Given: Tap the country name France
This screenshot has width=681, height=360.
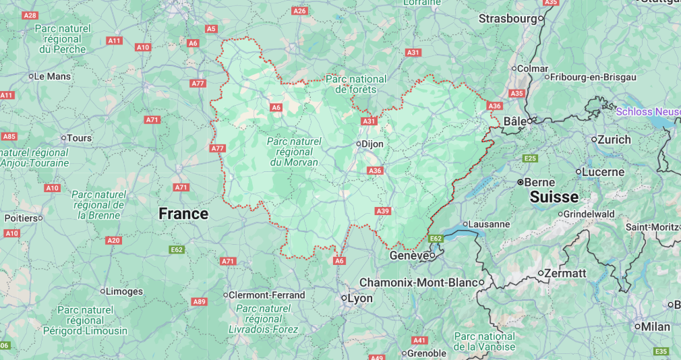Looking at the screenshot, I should [183, 214].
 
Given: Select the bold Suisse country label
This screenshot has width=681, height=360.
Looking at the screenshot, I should [554, 197].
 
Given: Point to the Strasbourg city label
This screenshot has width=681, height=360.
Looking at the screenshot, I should [508, 19].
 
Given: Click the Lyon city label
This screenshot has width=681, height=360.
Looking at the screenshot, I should [359, 298].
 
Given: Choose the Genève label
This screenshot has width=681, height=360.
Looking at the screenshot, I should [409, 256].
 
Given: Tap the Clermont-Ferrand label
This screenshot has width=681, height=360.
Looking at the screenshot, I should [267, 295].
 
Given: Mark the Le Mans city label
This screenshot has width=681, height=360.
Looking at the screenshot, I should [52, 76].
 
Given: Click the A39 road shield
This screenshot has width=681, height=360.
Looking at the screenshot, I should [383, 212].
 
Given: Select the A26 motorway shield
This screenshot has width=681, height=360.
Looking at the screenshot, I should [300, 11].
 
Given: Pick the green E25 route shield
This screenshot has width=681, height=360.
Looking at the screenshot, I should [530, 158].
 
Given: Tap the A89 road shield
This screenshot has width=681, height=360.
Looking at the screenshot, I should [199, 301].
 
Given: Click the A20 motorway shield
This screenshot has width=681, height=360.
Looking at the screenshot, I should [113, 241].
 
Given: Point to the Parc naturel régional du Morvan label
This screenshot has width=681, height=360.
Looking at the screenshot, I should [294, 152].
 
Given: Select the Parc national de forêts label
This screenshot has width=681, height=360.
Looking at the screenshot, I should [356, 84].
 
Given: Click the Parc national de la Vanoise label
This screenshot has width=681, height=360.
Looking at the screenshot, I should [484, 341].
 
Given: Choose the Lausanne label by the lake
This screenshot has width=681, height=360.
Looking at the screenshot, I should [488, 224].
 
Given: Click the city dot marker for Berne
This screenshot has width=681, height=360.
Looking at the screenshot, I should [521, 182].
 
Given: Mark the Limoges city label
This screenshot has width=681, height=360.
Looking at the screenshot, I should [125, 291].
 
